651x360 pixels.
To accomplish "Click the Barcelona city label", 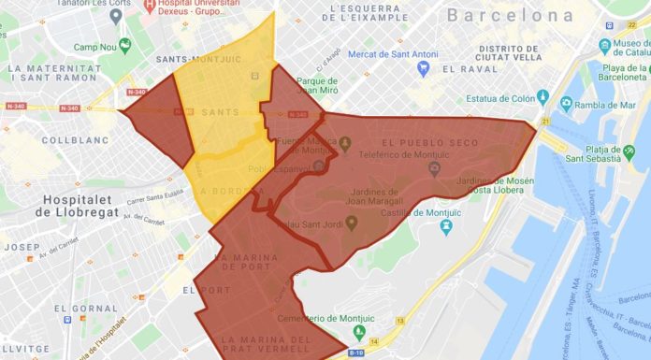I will pos(510,15).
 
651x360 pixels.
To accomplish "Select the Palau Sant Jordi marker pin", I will pos(352,223).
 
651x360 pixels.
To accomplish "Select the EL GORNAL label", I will pos(85,308).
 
